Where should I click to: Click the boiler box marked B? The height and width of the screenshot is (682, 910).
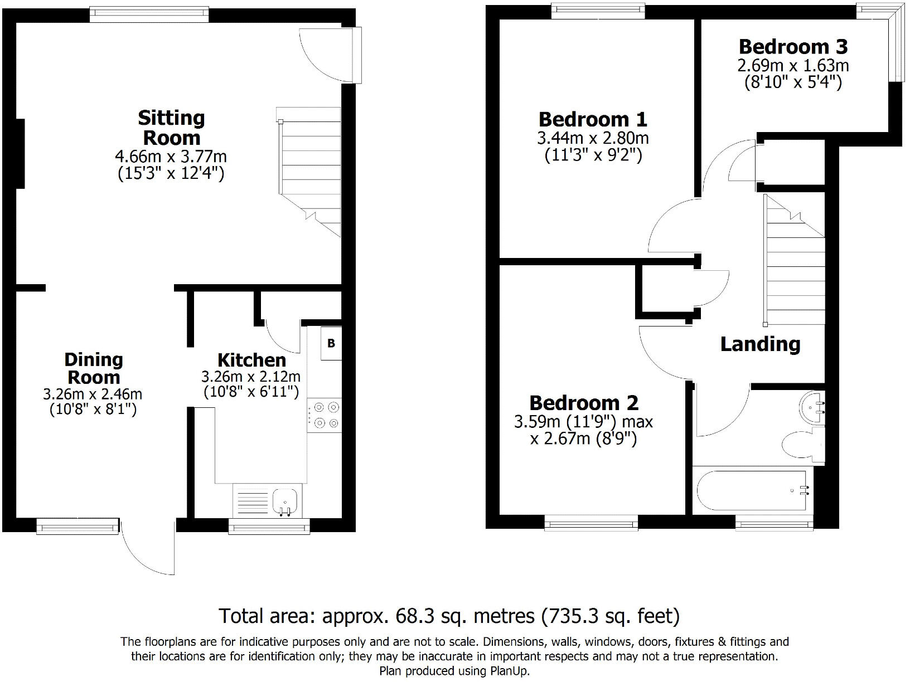[x=331, y=343]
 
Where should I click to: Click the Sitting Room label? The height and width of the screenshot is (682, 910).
[x=172, y=128]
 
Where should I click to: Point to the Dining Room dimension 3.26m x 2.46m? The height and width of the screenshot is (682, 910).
[x=93, y=394]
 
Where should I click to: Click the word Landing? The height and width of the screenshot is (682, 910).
[x=760, y=344]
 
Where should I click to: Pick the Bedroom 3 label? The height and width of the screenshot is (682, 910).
[x=793, y=46]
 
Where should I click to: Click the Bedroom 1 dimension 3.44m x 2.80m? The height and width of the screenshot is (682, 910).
[x=593, y=137]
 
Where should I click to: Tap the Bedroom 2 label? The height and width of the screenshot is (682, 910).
[x=584, y=402]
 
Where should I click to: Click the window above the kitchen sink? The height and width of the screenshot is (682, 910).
[x=269, y=526]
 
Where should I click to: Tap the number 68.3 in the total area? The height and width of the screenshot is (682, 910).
[x=412, y=616]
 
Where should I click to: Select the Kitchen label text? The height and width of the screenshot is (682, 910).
[x=251, y=360]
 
